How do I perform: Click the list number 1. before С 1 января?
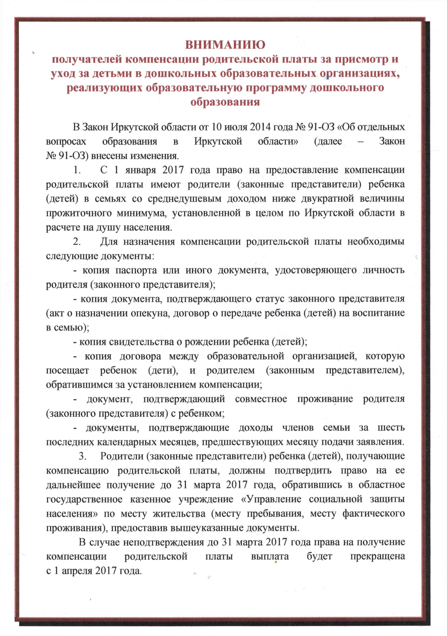[x=77, y=170]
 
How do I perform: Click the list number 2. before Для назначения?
[x=77, y=241]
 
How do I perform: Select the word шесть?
[x=391, y=428]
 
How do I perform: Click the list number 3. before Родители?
[x=82, y=456]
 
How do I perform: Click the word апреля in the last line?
[x=76, y=571]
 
